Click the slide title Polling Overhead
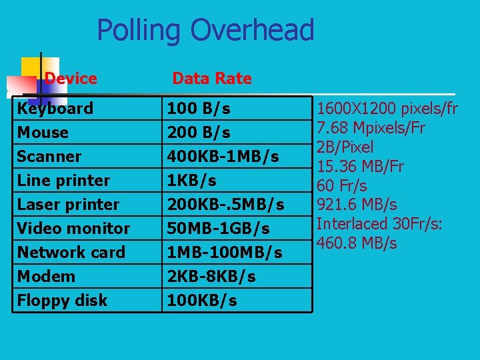tap(205, 31)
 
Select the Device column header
tap(71, 79)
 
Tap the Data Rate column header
tap(211, 79)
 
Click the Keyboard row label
tap(55, 108)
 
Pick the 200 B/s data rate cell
tap(199, 132)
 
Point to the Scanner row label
tap(49, 156)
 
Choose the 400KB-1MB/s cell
tap(223, 156)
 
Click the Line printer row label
tap(63, 180)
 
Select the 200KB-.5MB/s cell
tap(225, 204)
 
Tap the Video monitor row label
tap(73, 228)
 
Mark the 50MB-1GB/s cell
tap(218, 228)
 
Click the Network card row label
tap(71, 252)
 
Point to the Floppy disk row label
tap(62, 300)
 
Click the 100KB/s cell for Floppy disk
tap(201, 300)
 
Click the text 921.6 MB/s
tap(357, 205)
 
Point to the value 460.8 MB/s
tap(357, 243)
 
